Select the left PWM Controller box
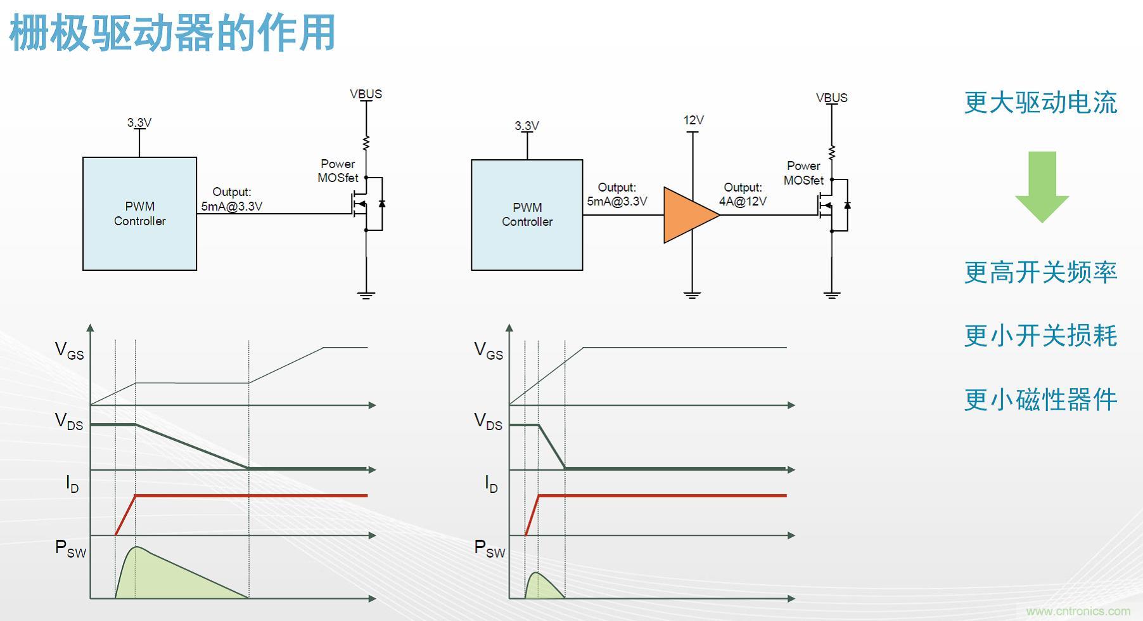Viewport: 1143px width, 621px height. (x=139, y=214)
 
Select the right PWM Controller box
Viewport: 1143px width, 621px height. (x=527, y=215)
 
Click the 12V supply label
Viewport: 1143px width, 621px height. (x=693, y=120)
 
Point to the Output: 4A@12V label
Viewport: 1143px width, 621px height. (x=743, y=195)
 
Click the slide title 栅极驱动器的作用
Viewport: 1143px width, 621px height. (x=172, y=33)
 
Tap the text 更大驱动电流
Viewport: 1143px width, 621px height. (x=1040, y=103)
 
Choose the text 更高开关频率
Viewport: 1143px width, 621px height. (x=1040, y=272)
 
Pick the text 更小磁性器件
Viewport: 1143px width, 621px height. (x=1040, y=400)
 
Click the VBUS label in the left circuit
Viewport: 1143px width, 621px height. (x=366, y=94)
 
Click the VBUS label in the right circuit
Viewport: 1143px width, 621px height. (x=831, y=98)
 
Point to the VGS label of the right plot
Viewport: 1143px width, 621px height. (x=488, y=351)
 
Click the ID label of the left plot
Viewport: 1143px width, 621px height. (x=72, y=484)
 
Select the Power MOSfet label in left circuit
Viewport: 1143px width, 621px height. (x=338, y=171)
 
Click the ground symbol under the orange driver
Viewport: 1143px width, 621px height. (x=692, y=294)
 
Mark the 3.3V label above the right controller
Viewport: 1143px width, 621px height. (x=527, y=126)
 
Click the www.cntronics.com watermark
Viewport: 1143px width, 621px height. (x=1078, y=611)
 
